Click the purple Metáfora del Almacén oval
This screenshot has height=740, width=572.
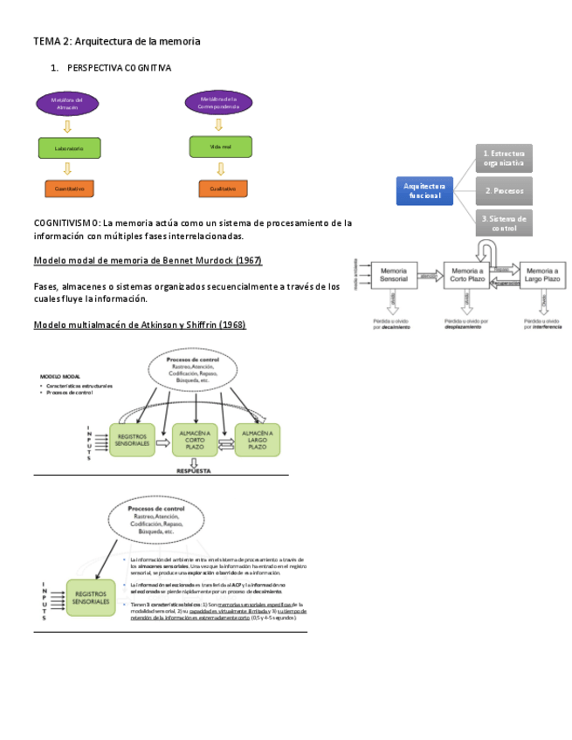(x=67, y=105)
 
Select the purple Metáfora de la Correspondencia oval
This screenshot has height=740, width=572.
(x=219, y=104)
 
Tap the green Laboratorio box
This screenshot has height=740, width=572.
(x=69, y=148)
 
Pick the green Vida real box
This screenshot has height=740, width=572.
(x=220, y=147)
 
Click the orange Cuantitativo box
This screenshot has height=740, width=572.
(x=69, y=188)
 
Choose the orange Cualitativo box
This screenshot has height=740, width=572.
(x=223, y=188)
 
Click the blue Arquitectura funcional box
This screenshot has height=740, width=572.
(x=425, y=190)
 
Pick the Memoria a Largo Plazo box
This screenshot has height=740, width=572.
(x=538, y=276)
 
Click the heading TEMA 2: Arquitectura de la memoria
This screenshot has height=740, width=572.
(x=117, y=41)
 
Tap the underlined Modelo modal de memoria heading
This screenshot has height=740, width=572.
(x=148, y=261)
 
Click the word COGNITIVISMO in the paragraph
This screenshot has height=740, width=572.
(x=66, y=223)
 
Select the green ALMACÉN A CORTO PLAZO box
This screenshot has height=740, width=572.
(x=194, y=439)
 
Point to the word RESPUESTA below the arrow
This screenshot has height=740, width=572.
(x=194, y=469)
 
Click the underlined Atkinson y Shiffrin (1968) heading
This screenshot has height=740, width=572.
(x=140, y=325)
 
